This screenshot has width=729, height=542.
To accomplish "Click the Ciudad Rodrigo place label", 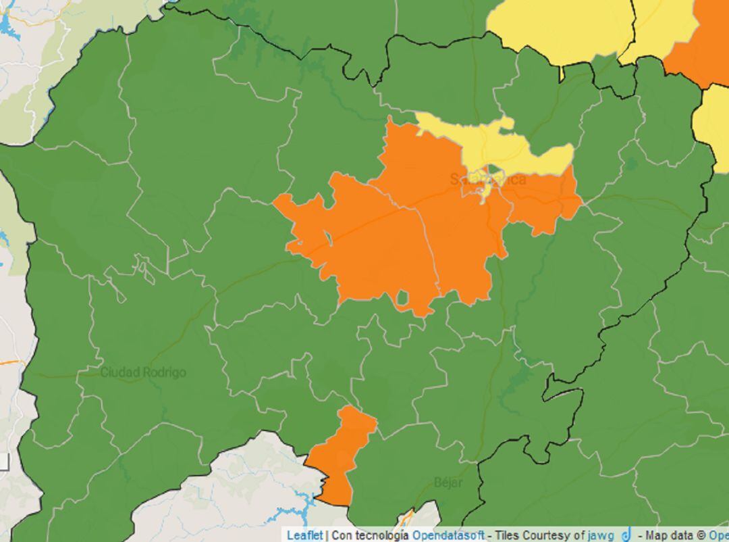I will (x=143, y=372).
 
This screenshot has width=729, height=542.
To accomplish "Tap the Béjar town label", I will (x=448, y=483).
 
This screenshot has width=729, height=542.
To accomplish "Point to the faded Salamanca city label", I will (x=487, y=180).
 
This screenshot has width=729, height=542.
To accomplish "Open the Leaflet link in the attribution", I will (x=304, y=535).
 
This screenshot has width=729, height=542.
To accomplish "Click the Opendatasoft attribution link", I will (x=448, y=535).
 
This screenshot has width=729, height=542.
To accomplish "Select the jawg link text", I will (x=601, y=535).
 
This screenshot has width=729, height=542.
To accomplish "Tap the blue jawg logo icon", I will (x=626, y=535).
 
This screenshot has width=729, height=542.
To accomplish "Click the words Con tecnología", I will (x=370, y=535).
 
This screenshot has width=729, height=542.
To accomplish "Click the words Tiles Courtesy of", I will (x=537, y=535).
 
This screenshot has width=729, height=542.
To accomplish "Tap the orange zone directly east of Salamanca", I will (x=543, y=203).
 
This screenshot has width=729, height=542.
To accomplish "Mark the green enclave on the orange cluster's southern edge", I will (x=403, y=298).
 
